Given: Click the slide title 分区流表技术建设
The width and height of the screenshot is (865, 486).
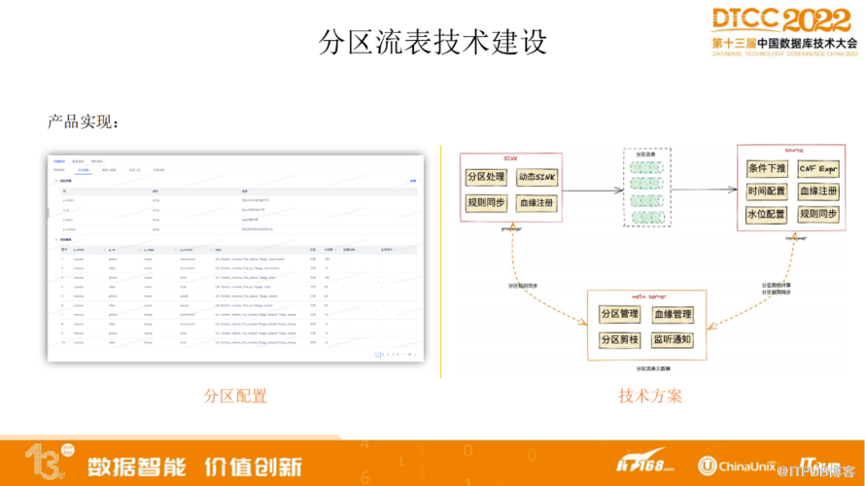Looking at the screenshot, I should (432, 42).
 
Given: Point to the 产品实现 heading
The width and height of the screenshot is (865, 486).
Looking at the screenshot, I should (84, 122).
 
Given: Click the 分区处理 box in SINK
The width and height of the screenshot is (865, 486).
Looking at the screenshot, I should (486, 177).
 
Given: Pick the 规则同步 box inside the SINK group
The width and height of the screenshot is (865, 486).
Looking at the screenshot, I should (486, 203).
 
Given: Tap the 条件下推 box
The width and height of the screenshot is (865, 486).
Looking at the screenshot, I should (766, 168).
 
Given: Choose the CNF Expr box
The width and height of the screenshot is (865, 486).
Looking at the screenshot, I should (819, 168).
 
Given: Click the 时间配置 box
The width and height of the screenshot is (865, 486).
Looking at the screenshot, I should (766, 191).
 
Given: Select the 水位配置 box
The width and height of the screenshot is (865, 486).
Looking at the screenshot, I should (766, 214).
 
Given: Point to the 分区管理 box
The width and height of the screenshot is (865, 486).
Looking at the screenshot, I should (620, 315).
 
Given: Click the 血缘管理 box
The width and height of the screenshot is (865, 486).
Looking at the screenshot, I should (673, 315).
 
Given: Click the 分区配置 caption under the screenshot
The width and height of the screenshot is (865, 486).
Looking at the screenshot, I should (235, 396).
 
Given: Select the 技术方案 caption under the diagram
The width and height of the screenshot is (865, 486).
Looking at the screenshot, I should (650, 396).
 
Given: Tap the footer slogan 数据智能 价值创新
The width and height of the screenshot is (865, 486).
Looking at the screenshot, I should (194, 465).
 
